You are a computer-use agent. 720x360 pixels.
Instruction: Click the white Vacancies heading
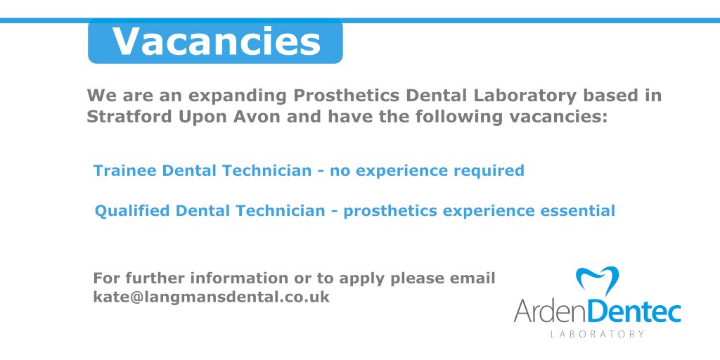tap(216, 41)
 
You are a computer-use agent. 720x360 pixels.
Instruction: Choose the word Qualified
tap(131, 211)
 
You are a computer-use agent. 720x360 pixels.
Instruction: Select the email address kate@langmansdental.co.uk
tap(211, 297)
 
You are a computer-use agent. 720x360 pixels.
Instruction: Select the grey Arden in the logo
tap(548, 309)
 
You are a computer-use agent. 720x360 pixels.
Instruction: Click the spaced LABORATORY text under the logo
tap(597, 334)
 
